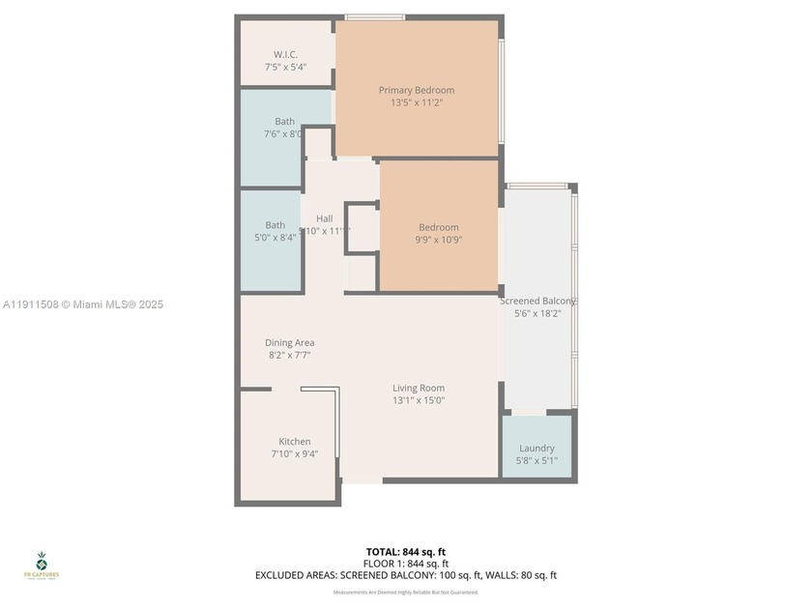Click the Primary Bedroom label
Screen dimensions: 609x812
pyautogui.click(x=416, y=90)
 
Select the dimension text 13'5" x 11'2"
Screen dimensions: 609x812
pyautogui.click(x=416, y=102)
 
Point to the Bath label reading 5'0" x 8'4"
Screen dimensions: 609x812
pyautogui.click(x=275, y=225)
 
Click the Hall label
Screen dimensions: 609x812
pyautogui.click(x=324, y=218)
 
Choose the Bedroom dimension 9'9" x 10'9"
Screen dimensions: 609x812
pyautogui.click(x=438, y=240)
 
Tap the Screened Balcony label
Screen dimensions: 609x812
pyautogui.click(x=536, y=301)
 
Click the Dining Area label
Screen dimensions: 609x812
pyautogui.click(x=290, y=342)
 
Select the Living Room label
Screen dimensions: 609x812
pyautogui.click(x=419, y=388)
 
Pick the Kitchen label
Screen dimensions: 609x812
pyautogui.click(x=295, y=442)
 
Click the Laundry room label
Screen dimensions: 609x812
pyautogui.click(x=536, y=449)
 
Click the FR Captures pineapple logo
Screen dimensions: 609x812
pyautogui.click(x=42, y=562)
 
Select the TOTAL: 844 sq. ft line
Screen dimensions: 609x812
pyautogui.click(x=405, y=551)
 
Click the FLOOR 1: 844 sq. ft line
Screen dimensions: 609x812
pyautogui.click(x=405, y=564)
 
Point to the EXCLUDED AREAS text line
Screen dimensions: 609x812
pyautogui.click(x=405, y=575)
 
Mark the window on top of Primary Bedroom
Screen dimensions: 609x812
pyautogui.click(x=375, y=17)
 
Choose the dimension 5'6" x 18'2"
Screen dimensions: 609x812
pyautogui.click(x=537, y=313)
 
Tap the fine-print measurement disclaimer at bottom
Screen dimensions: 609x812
pyautogui.click(x=405, y=592)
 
